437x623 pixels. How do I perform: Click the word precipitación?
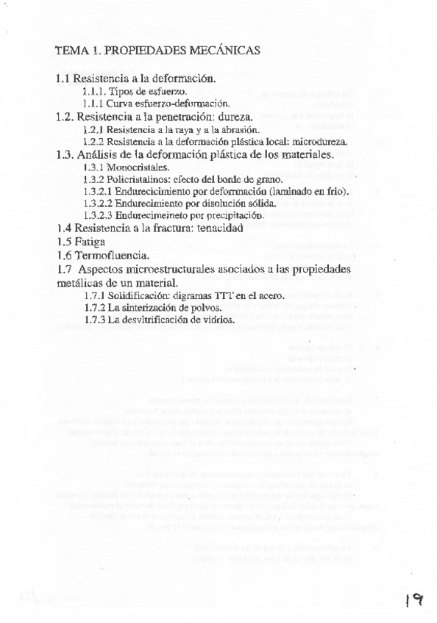click(232, 215)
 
